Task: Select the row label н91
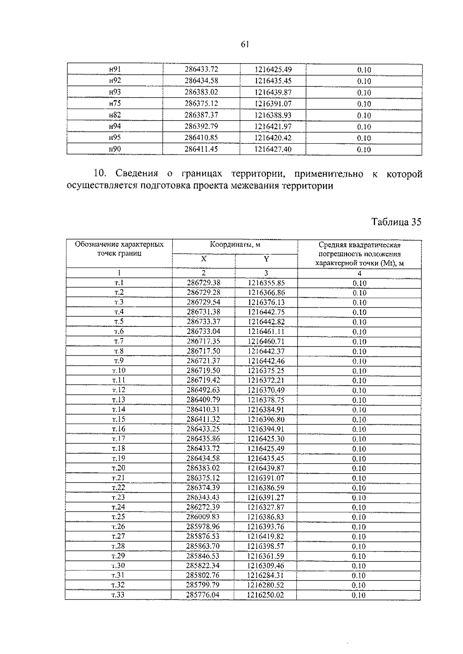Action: pos(115,69)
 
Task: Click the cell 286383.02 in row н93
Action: pos(201,92)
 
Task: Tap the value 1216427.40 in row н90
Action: pos(273,149)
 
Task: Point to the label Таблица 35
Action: pos(396,222)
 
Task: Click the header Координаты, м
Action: pos(235,244)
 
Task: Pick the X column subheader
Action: pos(203,259)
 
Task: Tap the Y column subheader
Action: pos(266,259)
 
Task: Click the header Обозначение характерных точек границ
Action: pos(119,249)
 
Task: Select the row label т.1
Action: pos(119,283)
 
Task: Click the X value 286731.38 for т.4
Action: pos(203,312)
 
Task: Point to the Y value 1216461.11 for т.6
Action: pos(266,331)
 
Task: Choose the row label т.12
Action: pos(119,390)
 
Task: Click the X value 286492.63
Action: pos(203,390)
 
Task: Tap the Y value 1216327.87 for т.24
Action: pos(266,507)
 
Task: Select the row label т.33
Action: pos(118,595)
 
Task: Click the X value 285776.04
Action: pos(203,595)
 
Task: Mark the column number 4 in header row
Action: pos(359,273)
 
